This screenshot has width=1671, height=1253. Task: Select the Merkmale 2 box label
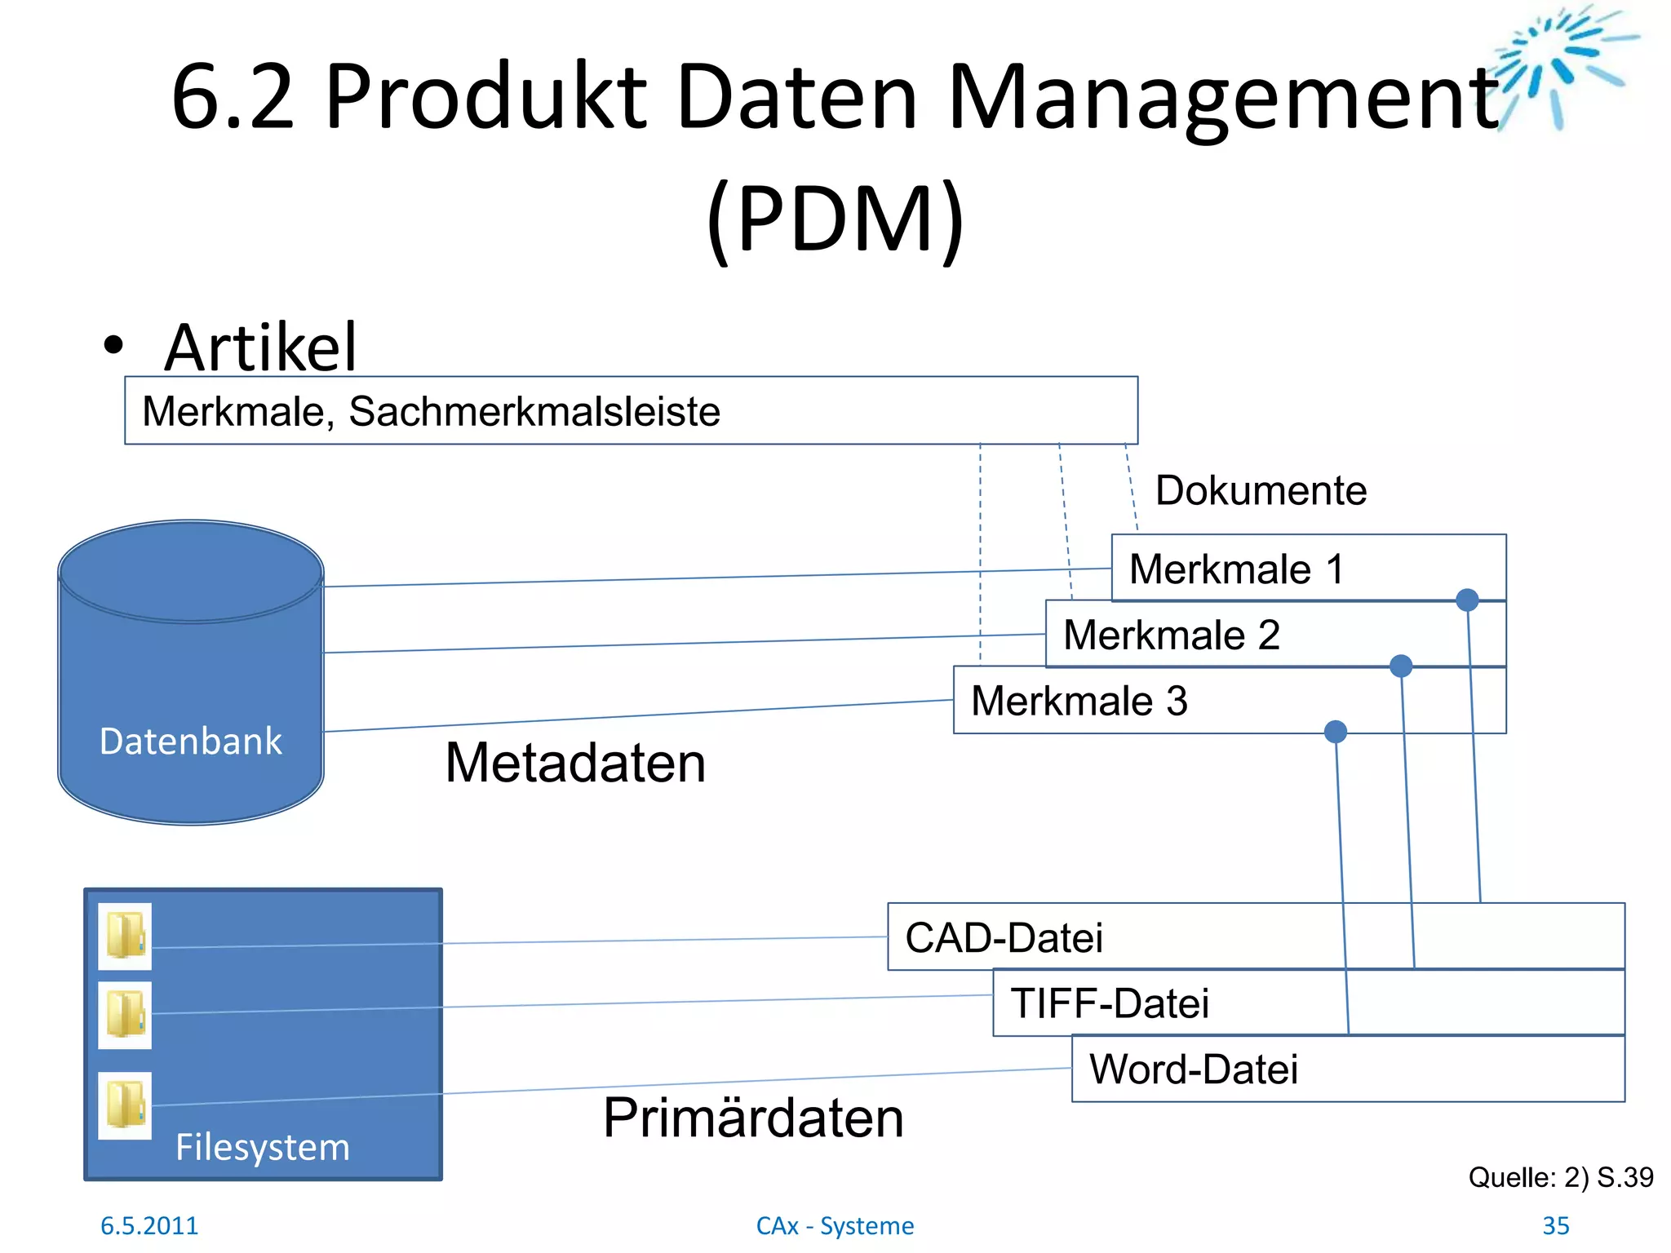[1171, 635]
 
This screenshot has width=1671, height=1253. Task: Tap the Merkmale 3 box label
[1079, 702]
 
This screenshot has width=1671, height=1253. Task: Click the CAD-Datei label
[1004, 938]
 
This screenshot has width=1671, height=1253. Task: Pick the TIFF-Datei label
[1109, 1003]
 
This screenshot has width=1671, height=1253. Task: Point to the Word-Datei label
[1193, 1069]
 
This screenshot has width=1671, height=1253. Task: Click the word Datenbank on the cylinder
[190, 742]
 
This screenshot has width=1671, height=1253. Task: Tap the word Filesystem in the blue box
[262, 1147]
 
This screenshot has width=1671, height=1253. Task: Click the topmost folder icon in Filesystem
[125, 936]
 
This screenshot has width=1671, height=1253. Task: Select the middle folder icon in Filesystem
[125, 1015]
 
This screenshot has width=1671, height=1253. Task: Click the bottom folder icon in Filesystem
[125, 1105]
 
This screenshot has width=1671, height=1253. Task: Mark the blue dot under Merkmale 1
[1467, 600]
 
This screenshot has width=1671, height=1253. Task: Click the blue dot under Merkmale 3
[1336, 732]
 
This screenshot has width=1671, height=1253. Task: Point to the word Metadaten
[575, 764]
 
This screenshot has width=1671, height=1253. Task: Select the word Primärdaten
[753, 1118]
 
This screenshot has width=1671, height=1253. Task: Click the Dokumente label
[1261, 491]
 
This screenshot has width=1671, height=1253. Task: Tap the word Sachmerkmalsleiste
[534, 411]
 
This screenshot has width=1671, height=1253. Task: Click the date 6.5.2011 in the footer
[149, 1225]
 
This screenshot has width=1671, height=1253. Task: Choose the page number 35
[1555, 1225]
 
